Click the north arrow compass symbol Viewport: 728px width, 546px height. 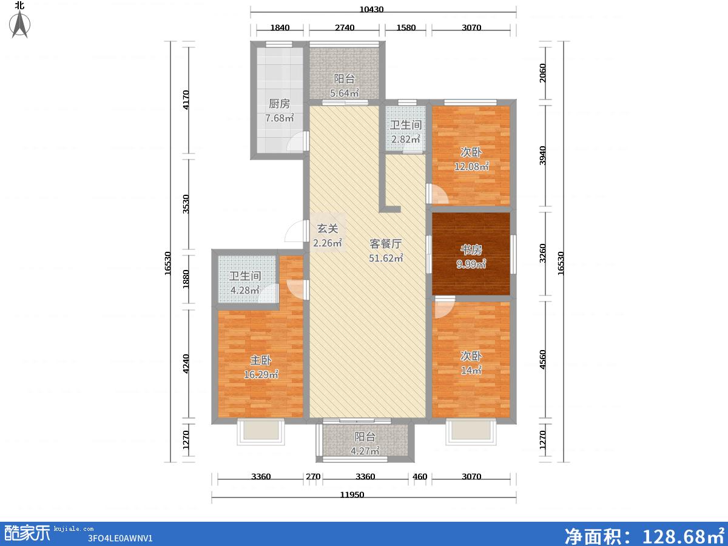pyautogui.click(x=19, y=24)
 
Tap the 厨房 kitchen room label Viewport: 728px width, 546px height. pyautogui.click(x=279, y=104)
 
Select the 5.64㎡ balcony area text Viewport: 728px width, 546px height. pyautogui.click(x=344, y=93)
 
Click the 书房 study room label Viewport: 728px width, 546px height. pyautogui.click(x=471, y=249)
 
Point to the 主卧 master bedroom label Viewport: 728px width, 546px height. pyautogui.click(x=261, y=360)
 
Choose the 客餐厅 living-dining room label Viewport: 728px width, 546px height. pyautogui.click(x=386, y=244)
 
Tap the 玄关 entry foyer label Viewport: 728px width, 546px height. pyautogui.click(x=328, y=229)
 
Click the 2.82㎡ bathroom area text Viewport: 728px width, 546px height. pyautogui.click(x=406, y=140)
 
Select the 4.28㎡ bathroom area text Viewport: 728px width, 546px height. pyautogui.click(x=244, y=291)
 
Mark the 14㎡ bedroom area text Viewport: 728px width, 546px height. pyautogui.click(x=471, y=370)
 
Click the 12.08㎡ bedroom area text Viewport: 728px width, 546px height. pyautogui.click(x=471, y=166)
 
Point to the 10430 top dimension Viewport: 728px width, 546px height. pyautogui.click(x=371, y=9)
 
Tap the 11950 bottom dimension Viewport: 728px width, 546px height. pyautogui.click(x=352, y=494)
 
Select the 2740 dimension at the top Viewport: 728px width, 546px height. pyautogui.click(x=345, y=27)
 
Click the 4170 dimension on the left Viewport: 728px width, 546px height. pyautogui.click(x=186, y=99)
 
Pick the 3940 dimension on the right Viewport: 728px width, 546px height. pyautogui.click(x=542, y=155)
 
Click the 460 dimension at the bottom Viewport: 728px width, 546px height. pyautogui.click(x=420, y=477)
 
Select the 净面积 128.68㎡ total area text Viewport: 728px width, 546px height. pyautogui.click(x=644, y=536)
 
